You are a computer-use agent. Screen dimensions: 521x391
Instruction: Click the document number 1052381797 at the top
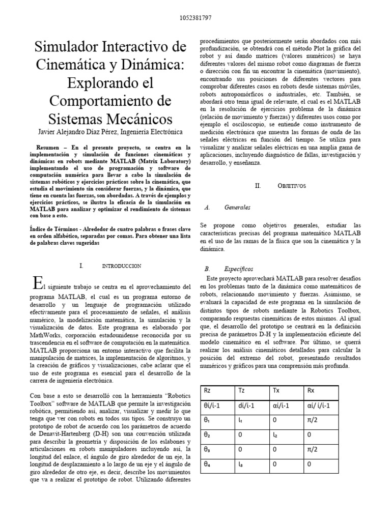[195, 18]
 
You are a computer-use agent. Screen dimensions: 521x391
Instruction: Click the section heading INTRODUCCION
[122, 266]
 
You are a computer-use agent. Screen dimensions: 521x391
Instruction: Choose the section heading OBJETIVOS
[292, 186]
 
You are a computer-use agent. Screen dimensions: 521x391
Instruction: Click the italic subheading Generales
[237, 208]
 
